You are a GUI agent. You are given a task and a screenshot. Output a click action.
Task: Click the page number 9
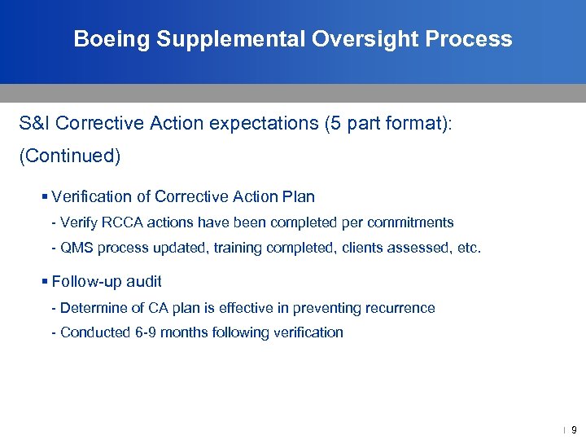tap(574, 429)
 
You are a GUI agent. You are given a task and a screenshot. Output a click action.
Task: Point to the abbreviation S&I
tap(35, 125)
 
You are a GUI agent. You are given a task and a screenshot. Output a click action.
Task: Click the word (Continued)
tap(70, 156)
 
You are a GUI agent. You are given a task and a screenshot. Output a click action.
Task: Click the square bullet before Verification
tap(45, 196)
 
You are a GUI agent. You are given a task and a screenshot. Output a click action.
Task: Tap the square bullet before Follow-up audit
tap(45, 281)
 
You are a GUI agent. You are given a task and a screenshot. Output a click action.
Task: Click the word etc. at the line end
tap(470, 247)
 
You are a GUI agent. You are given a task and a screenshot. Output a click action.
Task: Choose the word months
tap(183, 332)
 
